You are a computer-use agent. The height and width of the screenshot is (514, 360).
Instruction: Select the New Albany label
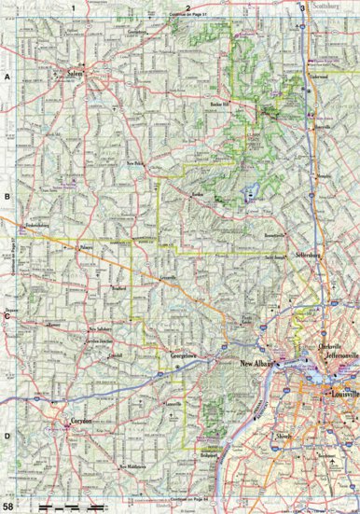258,365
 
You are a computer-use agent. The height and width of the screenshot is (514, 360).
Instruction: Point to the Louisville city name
338,394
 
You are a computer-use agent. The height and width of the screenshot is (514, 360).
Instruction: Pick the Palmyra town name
88,247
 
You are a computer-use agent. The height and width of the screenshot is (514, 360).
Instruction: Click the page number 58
8,507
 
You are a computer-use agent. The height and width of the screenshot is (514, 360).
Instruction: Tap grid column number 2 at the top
187,7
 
